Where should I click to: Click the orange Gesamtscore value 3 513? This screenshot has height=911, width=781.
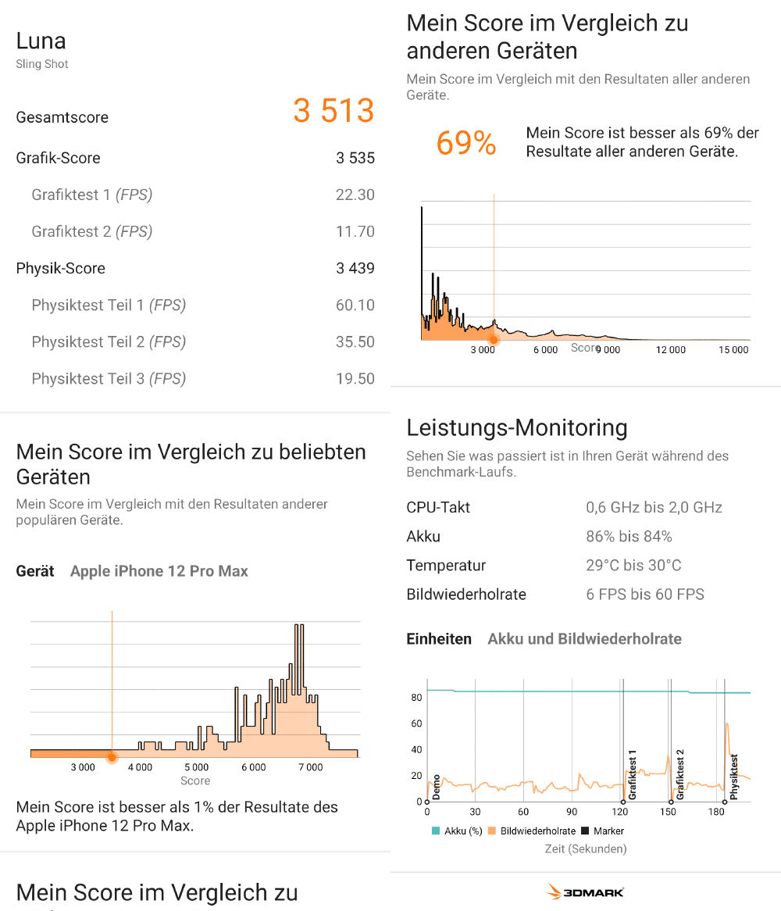333,111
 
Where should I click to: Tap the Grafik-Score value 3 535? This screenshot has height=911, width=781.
355,158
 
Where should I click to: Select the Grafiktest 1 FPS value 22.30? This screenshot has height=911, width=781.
355,195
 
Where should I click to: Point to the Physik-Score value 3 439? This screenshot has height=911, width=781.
355,268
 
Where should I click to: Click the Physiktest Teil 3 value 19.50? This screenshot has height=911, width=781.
355,379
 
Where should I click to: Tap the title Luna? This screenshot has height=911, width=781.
41,41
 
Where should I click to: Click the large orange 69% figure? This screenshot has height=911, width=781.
466,144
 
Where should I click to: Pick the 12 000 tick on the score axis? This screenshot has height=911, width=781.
670,350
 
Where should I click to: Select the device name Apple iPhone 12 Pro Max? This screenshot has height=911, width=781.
159,571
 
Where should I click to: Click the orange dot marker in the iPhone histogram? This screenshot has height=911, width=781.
112,757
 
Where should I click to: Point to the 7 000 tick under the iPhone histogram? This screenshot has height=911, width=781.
310,768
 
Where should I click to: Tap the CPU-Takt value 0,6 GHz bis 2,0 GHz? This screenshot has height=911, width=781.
654,508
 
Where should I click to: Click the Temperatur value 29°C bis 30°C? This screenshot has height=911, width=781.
633,566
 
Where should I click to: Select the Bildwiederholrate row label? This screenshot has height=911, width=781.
466,595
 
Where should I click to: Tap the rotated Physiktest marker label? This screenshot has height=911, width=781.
734,776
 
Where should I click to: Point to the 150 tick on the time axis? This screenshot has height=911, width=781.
668,812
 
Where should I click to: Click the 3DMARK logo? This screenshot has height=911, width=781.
585,892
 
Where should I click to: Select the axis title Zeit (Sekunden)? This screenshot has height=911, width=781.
585,848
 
